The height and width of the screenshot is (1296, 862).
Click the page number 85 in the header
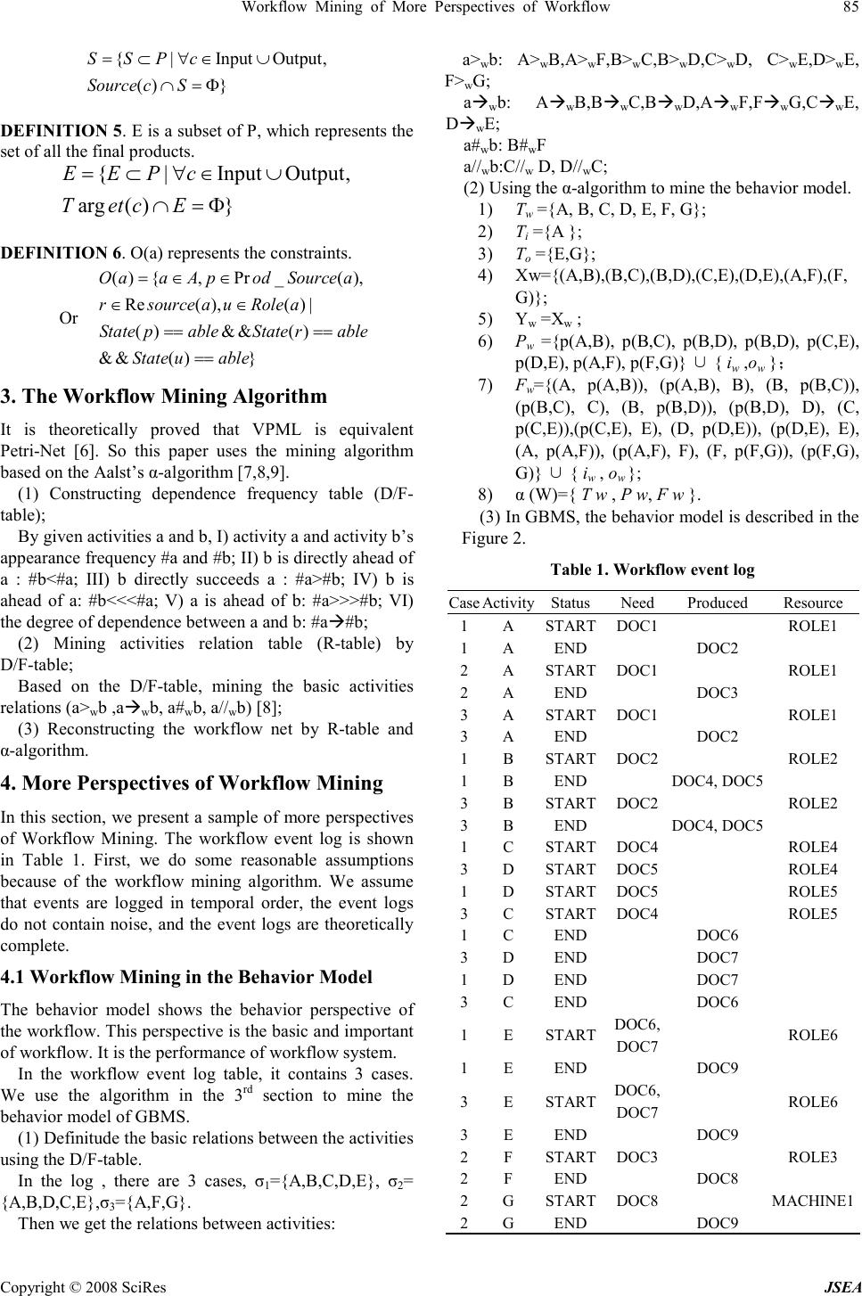tap(849, 9)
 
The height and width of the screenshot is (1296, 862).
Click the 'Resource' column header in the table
tap(813, 603)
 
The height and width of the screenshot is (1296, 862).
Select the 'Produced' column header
tap(717, 603)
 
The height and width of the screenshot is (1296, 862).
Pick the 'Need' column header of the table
tap(637, 603)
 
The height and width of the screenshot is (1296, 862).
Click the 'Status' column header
tap(570, 603)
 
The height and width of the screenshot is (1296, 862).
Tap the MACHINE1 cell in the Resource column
tap(812, 1201)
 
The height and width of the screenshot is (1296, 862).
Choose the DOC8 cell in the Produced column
tap(716, 1178)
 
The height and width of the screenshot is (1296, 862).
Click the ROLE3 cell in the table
tap(813, 1156)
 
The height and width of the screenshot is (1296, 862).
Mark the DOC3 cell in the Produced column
tap(716, 692)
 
